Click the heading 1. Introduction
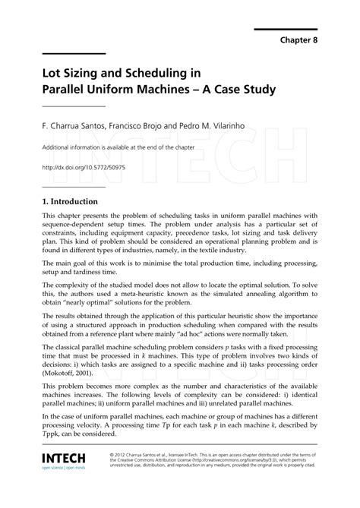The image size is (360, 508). [x=70, y=202]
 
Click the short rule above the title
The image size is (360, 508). [x=73, y=54]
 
